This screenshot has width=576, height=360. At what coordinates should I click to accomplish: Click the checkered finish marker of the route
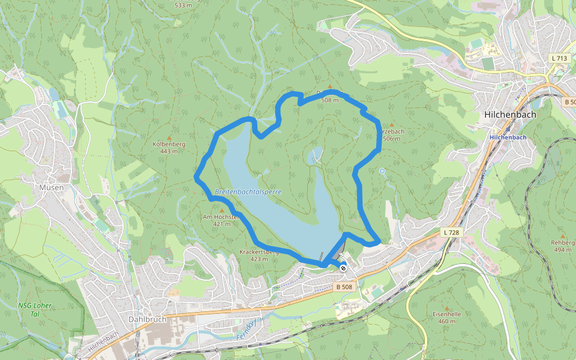343,268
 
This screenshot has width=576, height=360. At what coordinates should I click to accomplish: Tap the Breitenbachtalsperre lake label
248,192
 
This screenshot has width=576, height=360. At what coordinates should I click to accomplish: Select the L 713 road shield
559,58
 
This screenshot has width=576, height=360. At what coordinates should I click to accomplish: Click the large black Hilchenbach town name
509,114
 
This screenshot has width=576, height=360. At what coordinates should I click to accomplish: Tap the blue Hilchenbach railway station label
508,137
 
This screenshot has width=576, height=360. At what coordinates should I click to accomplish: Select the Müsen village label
52,187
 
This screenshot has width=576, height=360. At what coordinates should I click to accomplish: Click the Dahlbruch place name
147,319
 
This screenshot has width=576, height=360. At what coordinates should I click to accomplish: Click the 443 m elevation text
169,151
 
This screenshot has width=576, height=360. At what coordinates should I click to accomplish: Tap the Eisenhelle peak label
446,314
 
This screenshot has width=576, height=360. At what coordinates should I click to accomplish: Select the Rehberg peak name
562,242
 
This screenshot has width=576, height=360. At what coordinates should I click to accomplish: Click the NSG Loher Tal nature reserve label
35,310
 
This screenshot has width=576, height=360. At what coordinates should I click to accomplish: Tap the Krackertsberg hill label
259,252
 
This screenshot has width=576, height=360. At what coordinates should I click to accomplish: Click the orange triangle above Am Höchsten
222,210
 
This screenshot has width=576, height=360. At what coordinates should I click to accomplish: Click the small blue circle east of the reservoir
382,171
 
